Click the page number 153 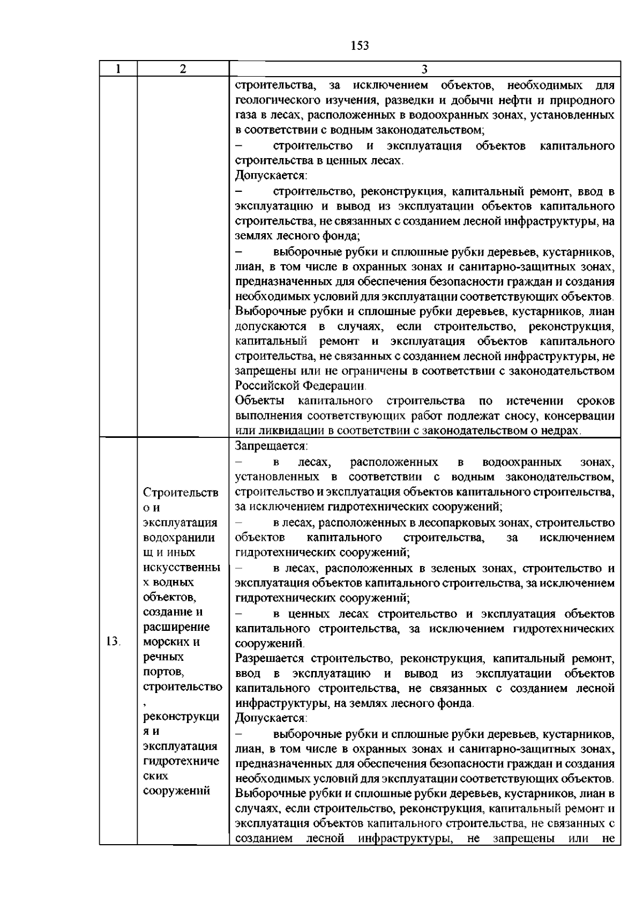point(360,46)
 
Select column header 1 point(118,69)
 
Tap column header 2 point(183,69)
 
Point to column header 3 point(424,69)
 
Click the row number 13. point(114,642)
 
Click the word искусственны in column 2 point(182,567)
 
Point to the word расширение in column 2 point(176,627)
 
